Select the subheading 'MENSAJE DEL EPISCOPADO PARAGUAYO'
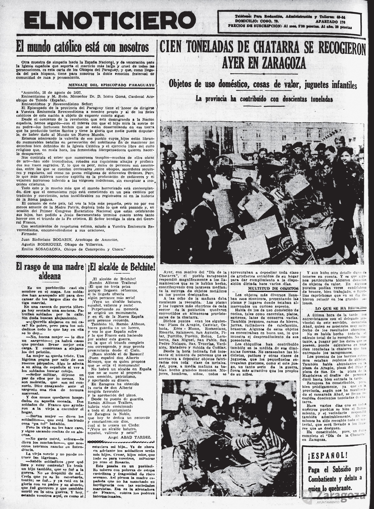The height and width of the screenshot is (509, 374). click(112, 85)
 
